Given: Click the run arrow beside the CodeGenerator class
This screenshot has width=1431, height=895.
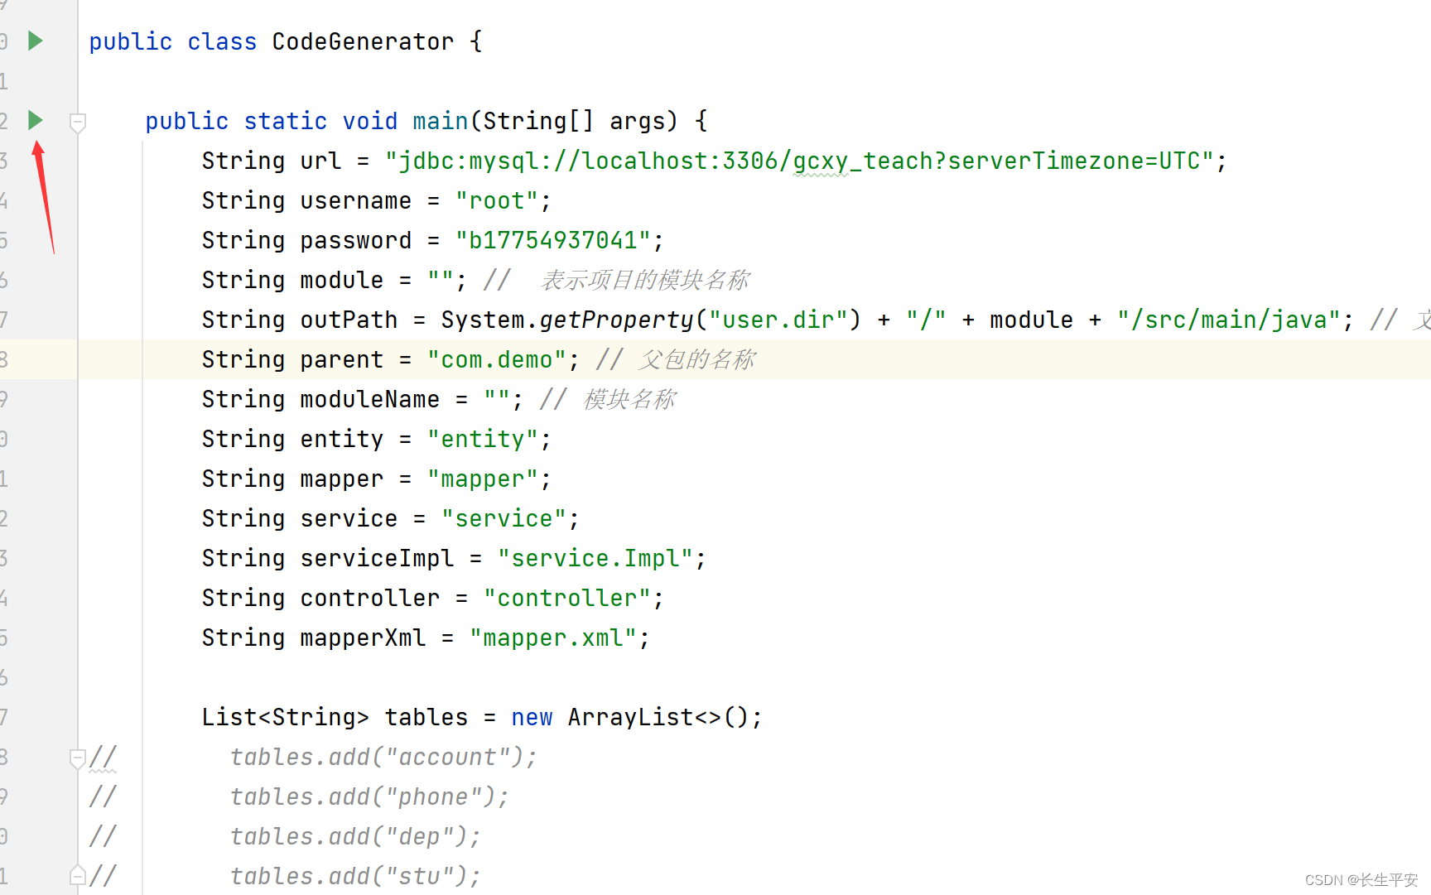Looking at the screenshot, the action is [x=35, y=41].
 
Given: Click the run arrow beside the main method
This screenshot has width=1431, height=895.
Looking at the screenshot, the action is [x=35, y=120].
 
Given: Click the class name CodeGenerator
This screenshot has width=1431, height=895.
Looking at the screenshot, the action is [x=363, y=41].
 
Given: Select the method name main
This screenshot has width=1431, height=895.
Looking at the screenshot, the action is [x=441, y=121].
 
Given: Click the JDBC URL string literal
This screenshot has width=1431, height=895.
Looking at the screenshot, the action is [x=799, y=161].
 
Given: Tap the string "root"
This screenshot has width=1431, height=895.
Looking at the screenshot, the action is [x=497, y=200].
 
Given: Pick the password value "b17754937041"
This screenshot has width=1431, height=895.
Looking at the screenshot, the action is [x=553, y=240].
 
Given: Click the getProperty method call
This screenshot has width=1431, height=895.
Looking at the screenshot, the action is [x=616, y=320].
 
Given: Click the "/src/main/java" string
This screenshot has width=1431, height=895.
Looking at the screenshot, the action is [x=1229, y=320].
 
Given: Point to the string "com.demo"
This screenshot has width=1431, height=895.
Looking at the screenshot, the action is [x=497, y=359].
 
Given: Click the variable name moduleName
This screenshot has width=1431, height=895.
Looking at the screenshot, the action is [x=369, y=399].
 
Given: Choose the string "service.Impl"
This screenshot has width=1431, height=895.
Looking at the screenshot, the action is [x=595, y=558].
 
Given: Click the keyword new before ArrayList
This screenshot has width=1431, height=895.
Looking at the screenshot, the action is [x=532, y=717].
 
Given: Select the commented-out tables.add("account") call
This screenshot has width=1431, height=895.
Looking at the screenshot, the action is [x=383, y=757].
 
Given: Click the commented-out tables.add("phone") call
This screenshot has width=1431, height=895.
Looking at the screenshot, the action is [x=369, y=796].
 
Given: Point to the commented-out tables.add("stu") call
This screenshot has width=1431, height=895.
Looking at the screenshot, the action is [x=354, y=876].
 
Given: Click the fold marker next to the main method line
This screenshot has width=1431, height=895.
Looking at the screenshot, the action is [x=78, y=123].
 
